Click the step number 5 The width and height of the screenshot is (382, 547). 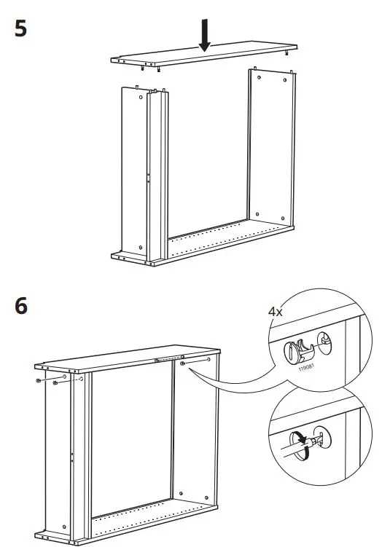tap(21, 30)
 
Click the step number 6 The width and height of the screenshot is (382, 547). tap(21, 306)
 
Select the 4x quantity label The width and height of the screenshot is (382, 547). tap(276, 311)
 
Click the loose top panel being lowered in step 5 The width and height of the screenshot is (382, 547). tap(200, 60)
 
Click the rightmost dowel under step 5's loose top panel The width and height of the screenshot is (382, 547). tap(289, 54)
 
